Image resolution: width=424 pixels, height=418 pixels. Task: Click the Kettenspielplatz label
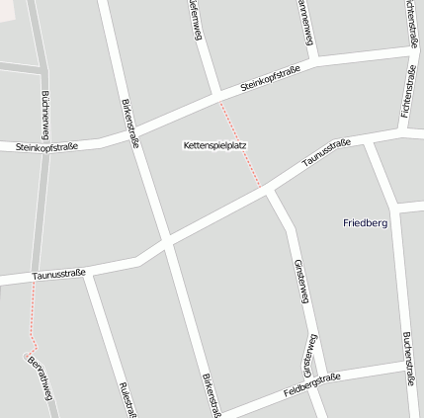[214, 145]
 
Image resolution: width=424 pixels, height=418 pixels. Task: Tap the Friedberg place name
[365, 223]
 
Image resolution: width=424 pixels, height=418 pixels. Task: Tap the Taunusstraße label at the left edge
[58, 274]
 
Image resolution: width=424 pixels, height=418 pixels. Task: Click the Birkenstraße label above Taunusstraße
[128, 123]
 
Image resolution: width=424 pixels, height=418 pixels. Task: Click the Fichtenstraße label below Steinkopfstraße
[408, 93]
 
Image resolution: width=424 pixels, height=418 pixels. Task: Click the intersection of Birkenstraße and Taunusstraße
[165, 243]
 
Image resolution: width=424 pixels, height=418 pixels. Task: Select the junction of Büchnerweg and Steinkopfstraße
[45, 143]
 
